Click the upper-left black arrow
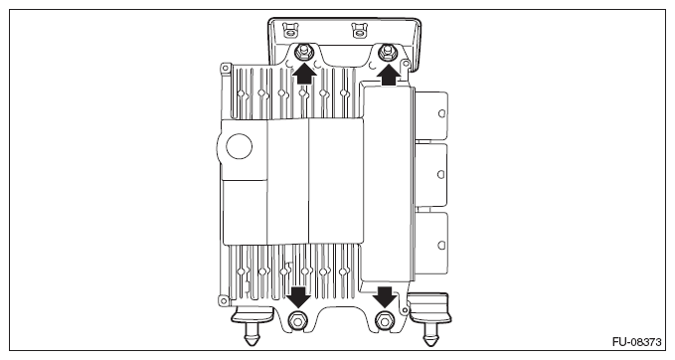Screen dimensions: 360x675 tap(304, 73)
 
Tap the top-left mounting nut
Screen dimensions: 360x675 tap(304, 52)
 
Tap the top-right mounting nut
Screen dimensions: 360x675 tap(388, 52)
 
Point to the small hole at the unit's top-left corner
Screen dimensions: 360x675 tap(226, 70)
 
